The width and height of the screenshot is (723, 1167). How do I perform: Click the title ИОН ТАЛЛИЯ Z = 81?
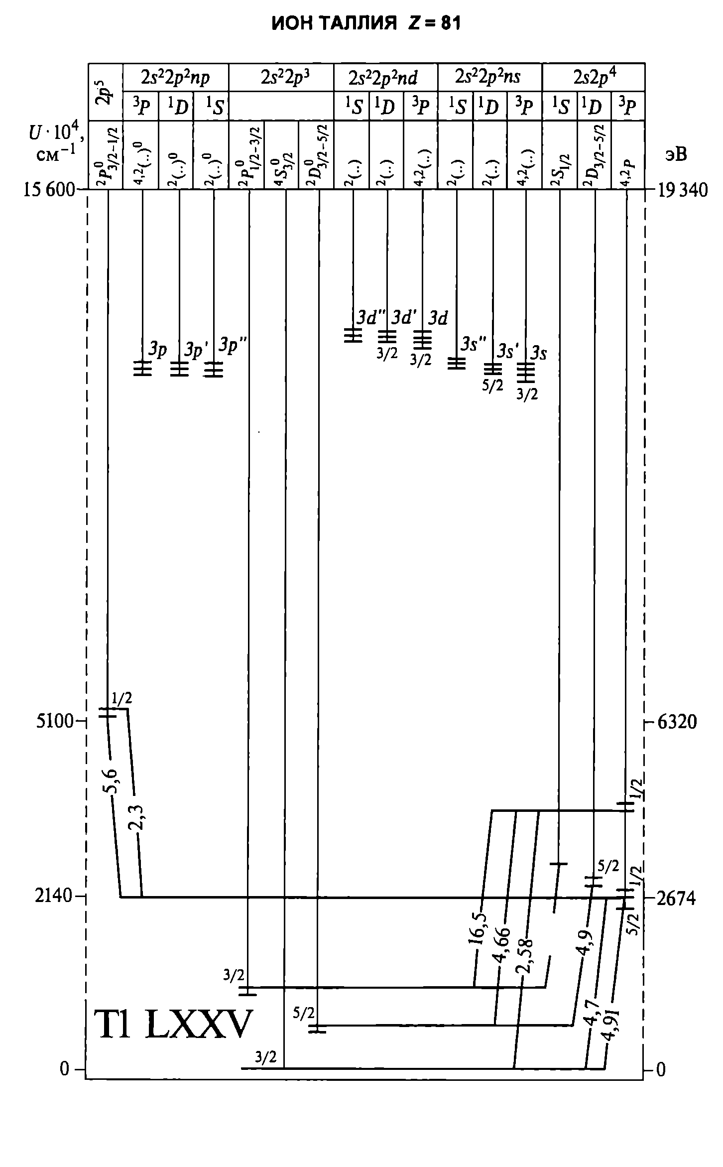366,23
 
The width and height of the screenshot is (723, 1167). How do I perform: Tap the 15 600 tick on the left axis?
49,190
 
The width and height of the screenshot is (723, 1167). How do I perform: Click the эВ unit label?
675,154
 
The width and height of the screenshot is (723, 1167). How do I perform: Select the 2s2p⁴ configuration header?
594,77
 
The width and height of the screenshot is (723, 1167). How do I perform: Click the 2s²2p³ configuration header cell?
281,77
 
